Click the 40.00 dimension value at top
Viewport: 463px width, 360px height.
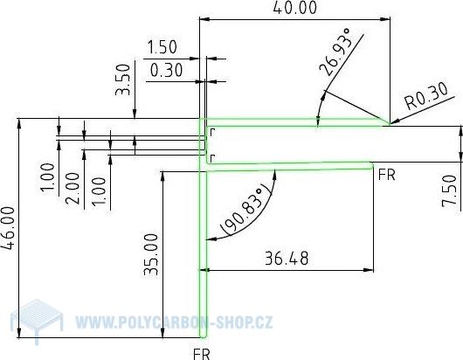tap(292, 9)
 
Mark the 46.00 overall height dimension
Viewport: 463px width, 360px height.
tap(9, 228)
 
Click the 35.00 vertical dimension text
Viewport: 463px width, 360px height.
tap(150, 253)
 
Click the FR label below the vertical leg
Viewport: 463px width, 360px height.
tap(202, 352)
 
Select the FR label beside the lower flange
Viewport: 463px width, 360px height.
tap(387, 174)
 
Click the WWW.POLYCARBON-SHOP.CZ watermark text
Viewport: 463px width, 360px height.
tap(174, 322)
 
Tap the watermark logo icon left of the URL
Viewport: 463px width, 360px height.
tap(40, 320)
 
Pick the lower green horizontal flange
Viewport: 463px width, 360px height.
tap(288, 163)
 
